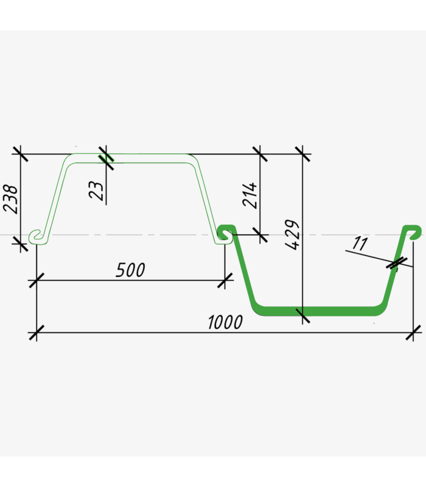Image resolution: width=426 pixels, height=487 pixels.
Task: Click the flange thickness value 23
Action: (x=97, y=190)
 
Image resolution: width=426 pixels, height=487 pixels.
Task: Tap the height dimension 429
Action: (x=293, y=234)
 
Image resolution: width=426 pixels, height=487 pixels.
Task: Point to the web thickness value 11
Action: (x=360, y=245)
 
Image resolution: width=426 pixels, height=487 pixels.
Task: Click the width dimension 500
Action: (x=130, y=270)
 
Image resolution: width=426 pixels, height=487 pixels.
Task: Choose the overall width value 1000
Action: (x=225, y=323)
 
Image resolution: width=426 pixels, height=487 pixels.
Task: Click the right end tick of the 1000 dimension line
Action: (x=414, y=332)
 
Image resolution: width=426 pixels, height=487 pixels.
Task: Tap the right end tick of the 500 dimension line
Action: (x=225, y=280)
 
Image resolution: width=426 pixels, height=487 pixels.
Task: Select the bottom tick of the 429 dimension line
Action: (x=302, y=314)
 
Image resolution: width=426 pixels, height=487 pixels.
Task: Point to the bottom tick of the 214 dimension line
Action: (x=260, y=234)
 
